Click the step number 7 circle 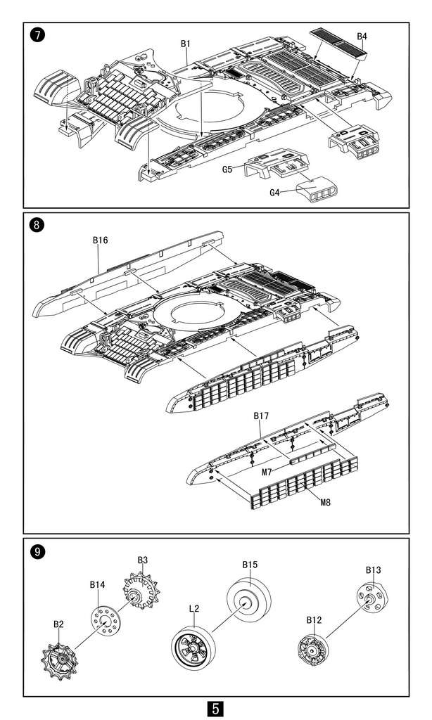[x=37, y=35]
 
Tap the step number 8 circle [x=37, y=225]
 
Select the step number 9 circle [x=37, y=551]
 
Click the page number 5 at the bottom [x=215, y=709]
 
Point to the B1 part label [x=185, y=44]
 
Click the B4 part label [x=362, y=37]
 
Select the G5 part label [x=227, y=169]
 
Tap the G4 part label [x=274, y=193]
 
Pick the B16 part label [x=100, y=240]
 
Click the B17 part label [x=261, y=416]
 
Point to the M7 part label [x=267, y=472]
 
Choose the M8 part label [x=325, y=502]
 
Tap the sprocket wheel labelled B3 [x=140, y=590]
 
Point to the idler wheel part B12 [x=313, y=650]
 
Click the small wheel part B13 [x=371, y=598]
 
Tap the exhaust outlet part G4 [x=317, y=189]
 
